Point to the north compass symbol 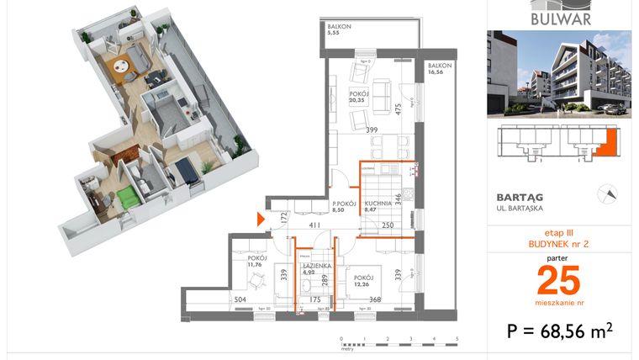click(603, 193)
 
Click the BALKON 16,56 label click(440, 69)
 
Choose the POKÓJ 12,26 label click(364, 281)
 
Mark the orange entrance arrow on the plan click(261, 220)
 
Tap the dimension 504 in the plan click(240, 299)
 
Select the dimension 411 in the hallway click(314, 225)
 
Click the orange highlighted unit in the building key click(610, 143)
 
